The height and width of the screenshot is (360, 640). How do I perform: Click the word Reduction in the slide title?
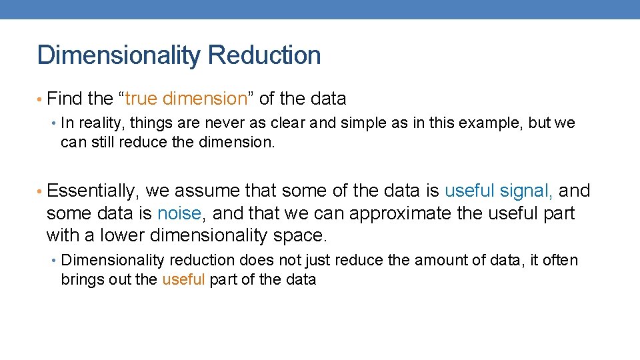[264, 55]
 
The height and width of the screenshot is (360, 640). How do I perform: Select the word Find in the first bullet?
[65, 99]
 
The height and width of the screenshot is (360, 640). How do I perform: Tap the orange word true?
[140, 99]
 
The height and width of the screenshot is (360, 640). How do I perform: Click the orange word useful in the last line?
[183, 279]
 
